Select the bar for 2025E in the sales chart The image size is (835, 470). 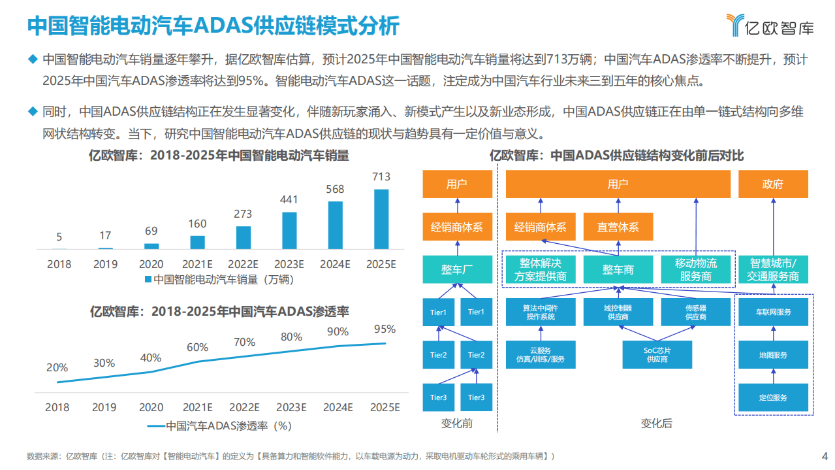pyautogui.click(x=381, y=219)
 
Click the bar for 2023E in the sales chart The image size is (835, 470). pyautogui.click(x=289, y=230)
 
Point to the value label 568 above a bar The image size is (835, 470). pyautogui.click(x=335, y=189)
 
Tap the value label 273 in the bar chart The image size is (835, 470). pyautogui.click(x=243, y=214)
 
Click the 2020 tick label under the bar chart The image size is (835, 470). pyautogui.click(x=151, y=264)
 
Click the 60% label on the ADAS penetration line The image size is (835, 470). pyautogui.click(x=197, y=347)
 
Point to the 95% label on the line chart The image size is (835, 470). pyautogui.click(x=384, y=329)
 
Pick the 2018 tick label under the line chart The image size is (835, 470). pyautogui.click(x=57, y=407)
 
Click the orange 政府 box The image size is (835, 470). pyautogui.click(x=773, y=184)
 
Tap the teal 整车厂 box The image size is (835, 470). pyautogui.click(x=457, y=269)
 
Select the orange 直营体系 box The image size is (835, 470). pyautogui.click(x=618, y=227)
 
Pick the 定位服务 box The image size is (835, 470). pyautogui.click(x=772, y=397)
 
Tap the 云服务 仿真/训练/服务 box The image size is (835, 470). pyautogui.click(x=541, y=355)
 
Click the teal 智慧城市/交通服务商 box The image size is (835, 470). pyautogui.click(x=774, y=269)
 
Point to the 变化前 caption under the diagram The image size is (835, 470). pyautogui.click(x=457, y=424)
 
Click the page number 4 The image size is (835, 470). pyautogui.click(x=825, y=456)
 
